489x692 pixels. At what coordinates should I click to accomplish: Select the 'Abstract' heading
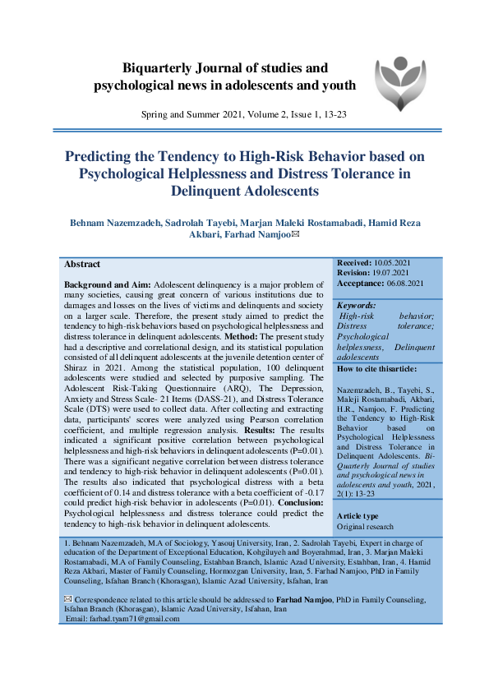click(82, 265)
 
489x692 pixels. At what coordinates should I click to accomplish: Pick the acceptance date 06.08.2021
click(405, 283)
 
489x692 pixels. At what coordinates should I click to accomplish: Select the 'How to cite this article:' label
click(376, 369)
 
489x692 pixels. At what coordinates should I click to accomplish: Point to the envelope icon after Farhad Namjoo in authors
click(297, 234)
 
